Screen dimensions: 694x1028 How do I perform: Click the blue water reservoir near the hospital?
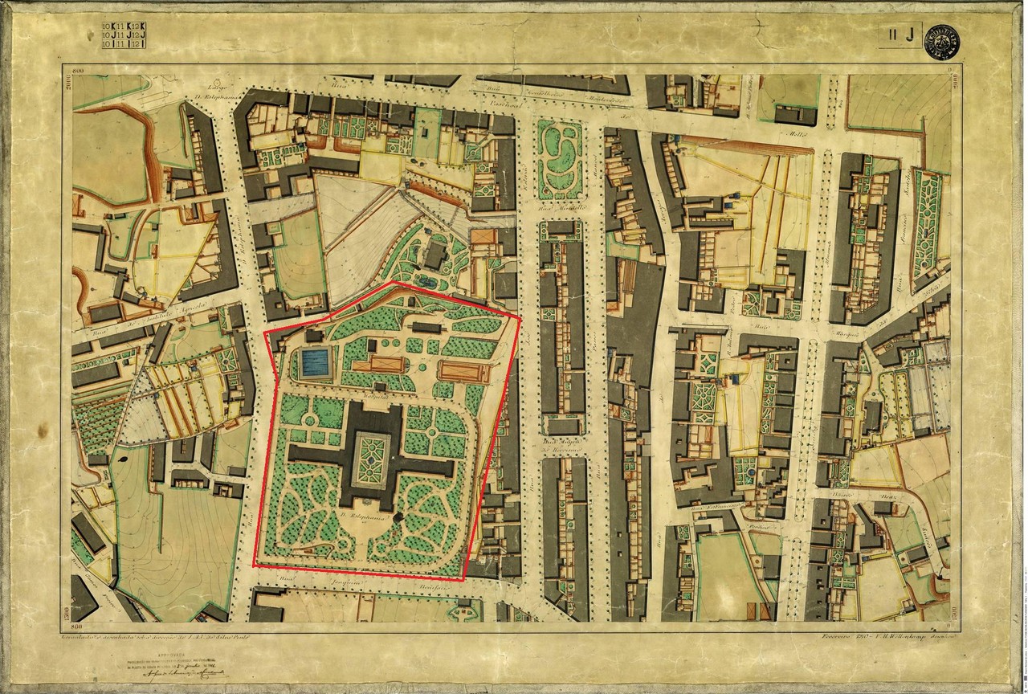click(x=315, y=364)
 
